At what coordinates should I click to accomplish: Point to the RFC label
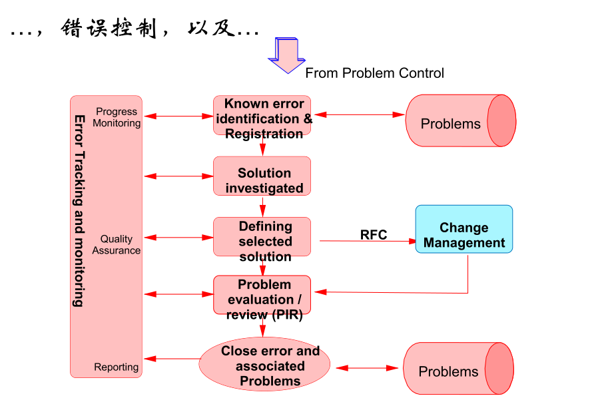(x=374, y=234)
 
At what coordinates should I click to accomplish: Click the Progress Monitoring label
(x=117, y=117)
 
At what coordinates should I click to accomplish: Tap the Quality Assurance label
(x=117, y=244)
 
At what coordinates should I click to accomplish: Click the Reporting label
(x=117, y=367)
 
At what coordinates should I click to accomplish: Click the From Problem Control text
(x=374, y=73)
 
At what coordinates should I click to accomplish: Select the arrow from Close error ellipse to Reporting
(x=172, y=359)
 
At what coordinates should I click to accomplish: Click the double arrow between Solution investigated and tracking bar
(x=178, y=176)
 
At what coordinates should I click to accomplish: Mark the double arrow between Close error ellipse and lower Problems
(x=367, y=367)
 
